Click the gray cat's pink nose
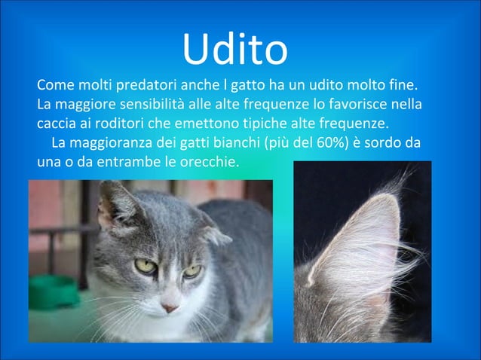(170, 307)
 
